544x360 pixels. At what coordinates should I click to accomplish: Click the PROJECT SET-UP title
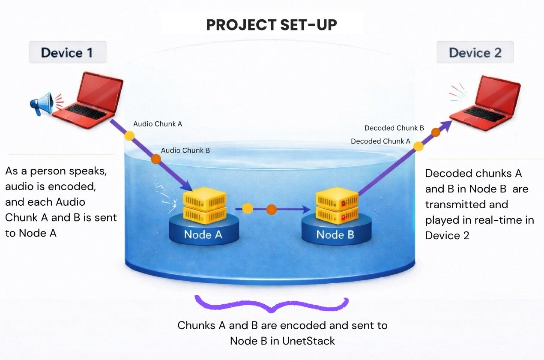pyautogui.click(x=272, y=25)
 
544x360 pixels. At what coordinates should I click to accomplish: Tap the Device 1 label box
pyautogui.click(x=67, y=53)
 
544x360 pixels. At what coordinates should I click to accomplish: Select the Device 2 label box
pyautogui.click(x=475, y=53)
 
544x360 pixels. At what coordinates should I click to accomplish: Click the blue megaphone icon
pyautogui.click(x=42, y=103)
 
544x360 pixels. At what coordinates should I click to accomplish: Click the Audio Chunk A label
pyautogui.click(x=158, y=124)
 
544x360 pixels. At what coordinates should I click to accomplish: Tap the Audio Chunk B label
pyautogui.click(x=185, y=150)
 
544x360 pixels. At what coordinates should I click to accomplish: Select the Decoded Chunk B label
pyautogui.click(x=394, y=128)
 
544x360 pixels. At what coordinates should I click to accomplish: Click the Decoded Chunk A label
pyautogui.click(x=380, y=141)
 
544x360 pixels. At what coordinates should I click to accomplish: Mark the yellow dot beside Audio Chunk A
pyautogui.click(x=129, y=135)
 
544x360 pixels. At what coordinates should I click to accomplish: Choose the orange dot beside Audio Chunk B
pyautogui.click(x=156, y=159)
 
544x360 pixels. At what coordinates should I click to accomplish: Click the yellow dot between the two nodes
pyautogui.click(x=248, y=209)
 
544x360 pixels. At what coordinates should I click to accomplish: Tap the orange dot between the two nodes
pyautogui.click(x=272, y=210)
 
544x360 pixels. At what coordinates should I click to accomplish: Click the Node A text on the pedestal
pyautogui.click(x=203, y=234)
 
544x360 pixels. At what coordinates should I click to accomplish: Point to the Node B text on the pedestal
pyautogui.click(x=336, y=234)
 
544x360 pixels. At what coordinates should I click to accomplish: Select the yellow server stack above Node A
pyautogui.click(x=205, y=207)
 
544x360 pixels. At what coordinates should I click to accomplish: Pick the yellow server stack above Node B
pyautogui.click(x=337, y=205)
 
